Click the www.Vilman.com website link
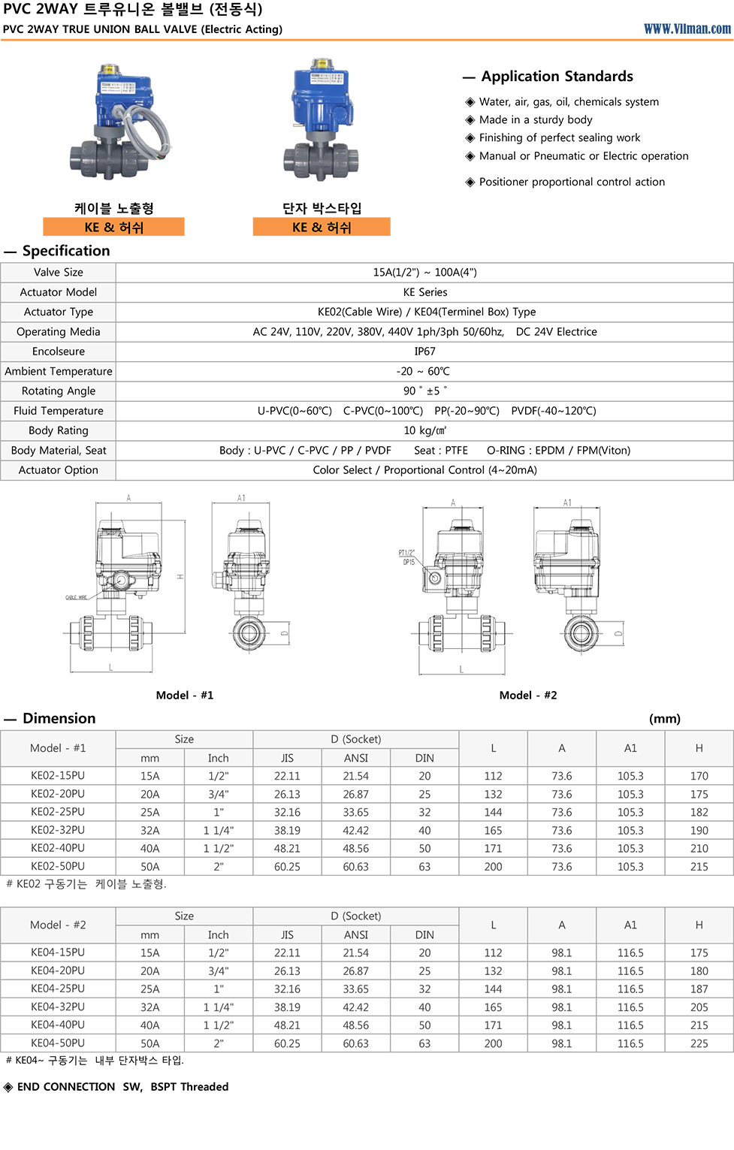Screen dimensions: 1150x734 pyautogui.click(x=687, y=29)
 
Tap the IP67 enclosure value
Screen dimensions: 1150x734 pyautogui.click(x=424, y=352)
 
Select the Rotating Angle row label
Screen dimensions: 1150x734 pyautogui.click(x=59, y=391)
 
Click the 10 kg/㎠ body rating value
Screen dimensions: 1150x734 pyautogui.click(x=424, y=430)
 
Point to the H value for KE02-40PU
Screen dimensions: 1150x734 pyautogui.click(x=699, y=848)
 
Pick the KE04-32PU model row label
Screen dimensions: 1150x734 pyautogui.click(x=58, y=1007)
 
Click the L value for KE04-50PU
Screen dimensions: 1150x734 pyautogui.click(x=493, y=1043)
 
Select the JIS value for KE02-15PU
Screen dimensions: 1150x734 pyautogui.click(x=287, y=776)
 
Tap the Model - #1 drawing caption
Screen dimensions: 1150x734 pyautogui.click(x=185, y=695)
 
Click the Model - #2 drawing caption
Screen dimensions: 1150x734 pyautogui.click(x=528, y=695)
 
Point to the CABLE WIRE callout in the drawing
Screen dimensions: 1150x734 pyautogui.click(x=76, y=598)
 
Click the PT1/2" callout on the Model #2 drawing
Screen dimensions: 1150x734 pyautogui.click(x=406, y=553)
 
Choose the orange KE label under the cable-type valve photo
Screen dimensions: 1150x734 pyautogui.click(x=113, y=227)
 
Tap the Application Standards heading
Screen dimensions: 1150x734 pyautogui.click(x=557, y=77)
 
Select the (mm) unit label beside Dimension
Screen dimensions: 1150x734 pyautogui.click(x=664, y=719)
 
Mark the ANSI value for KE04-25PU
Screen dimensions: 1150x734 pyautogui.click(x=355, y=989)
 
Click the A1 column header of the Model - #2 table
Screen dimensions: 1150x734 pyautogui.click(x=630, y=925)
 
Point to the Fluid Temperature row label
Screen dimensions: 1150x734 pyautogui.click(x=59, y=411)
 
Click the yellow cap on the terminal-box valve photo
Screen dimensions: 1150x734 pyautogui.click(x=324, y=65)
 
